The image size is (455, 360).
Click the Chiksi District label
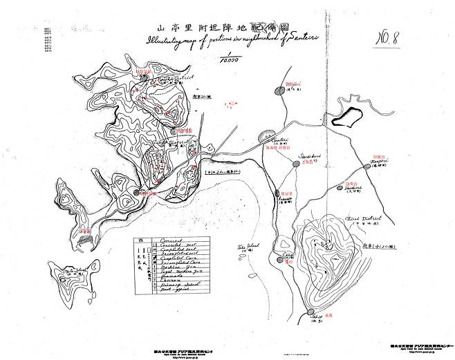[360, 219]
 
